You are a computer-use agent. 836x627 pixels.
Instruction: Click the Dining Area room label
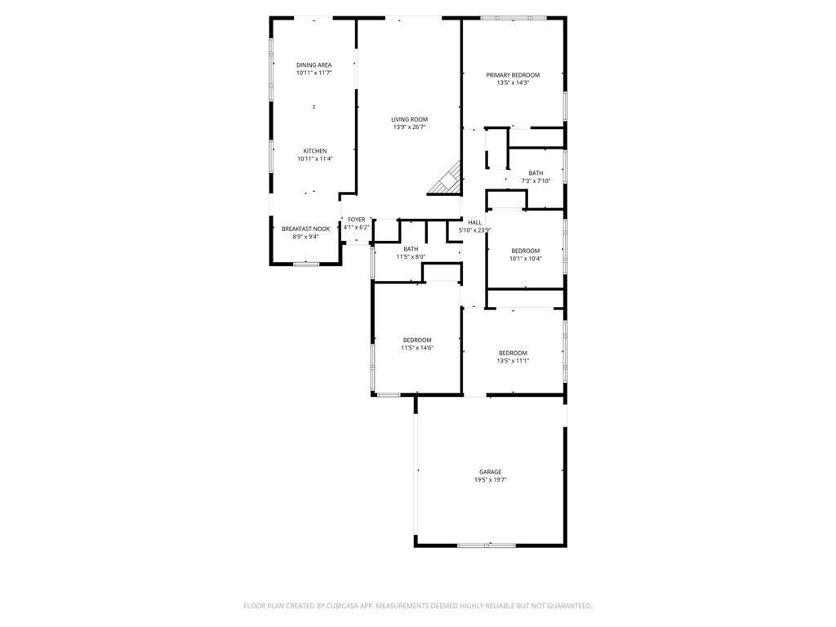click(313, 64)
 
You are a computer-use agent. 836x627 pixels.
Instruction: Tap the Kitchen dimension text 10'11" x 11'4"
click(315, 159)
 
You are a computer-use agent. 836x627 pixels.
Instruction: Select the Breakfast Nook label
click(306, 229)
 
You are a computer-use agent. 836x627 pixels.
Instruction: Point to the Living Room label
click(409, 119)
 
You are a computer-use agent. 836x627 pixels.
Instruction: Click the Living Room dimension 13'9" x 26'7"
click(409, 127)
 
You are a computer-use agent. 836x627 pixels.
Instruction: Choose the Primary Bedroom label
click(513, 75)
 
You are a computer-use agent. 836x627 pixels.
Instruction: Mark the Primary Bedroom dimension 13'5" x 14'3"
click(513, 82)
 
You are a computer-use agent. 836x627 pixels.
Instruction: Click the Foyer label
click(357, 220)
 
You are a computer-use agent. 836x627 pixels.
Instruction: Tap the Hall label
click(475, 222)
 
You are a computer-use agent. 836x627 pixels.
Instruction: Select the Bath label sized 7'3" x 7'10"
click(536, 173)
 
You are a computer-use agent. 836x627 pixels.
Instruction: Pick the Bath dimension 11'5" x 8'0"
click(411, 257)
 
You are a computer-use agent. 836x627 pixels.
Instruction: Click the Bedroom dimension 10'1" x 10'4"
click(526, 259)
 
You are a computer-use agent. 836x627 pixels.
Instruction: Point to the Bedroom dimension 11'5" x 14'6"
click(416, 348)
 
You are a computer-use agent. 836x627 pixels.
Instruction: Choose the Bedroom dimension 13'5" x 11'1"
click(513, 361)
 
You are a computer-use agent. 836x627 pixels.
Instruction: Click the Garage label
click(490, 472)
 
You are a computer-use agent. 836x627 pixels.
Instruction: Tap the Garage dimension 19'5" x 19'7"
click(490, 480)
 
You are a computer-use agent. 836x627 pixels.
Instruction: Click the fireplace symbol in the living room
click(446, 180)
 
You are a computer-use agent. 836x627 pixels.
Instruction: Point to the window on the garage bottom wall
click(487, 545)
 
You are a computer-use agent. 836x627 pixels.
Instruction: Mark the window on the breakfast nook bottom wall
click(306, 264)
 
